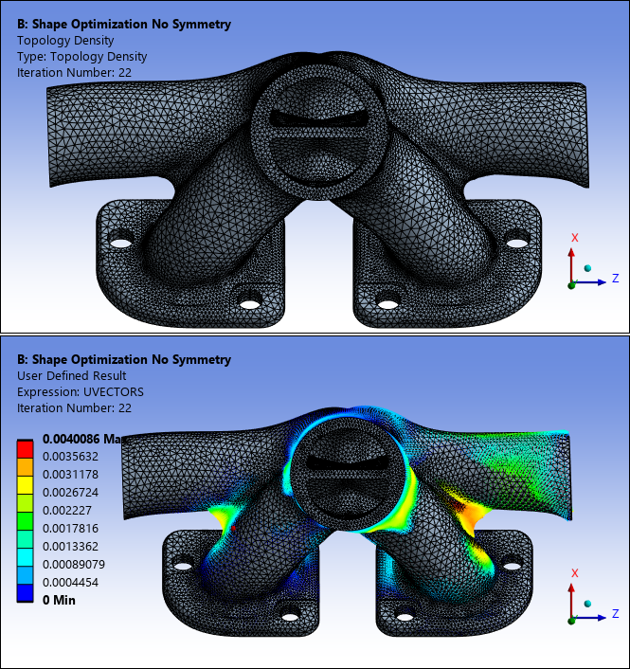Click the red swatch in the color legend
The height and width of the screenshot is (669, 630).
(x=25, y=449)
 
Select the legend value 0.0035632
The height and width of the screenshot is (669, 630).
(x=70, y=457)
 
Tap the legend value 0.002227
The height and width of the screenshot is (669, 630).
(x=67, y=511)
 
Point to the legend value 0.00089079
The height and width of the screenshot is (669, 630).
(x=74, y=565)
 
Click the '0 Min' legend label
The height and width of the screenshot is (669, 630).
(x=59, y=601)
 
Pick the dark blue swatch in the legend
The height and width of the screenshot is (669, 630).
(x=25, y=592)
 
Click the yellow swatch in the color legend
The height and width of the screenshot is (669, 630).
(x=25, y=485)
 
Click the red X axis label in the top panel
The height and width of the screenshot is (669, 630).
(x=574, y=238)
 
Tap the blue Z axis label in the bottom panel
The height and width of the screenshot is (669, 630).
(x=615, y=613)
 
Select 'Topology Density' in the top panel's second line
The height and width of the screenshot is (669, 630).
(x=65, y=41)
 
